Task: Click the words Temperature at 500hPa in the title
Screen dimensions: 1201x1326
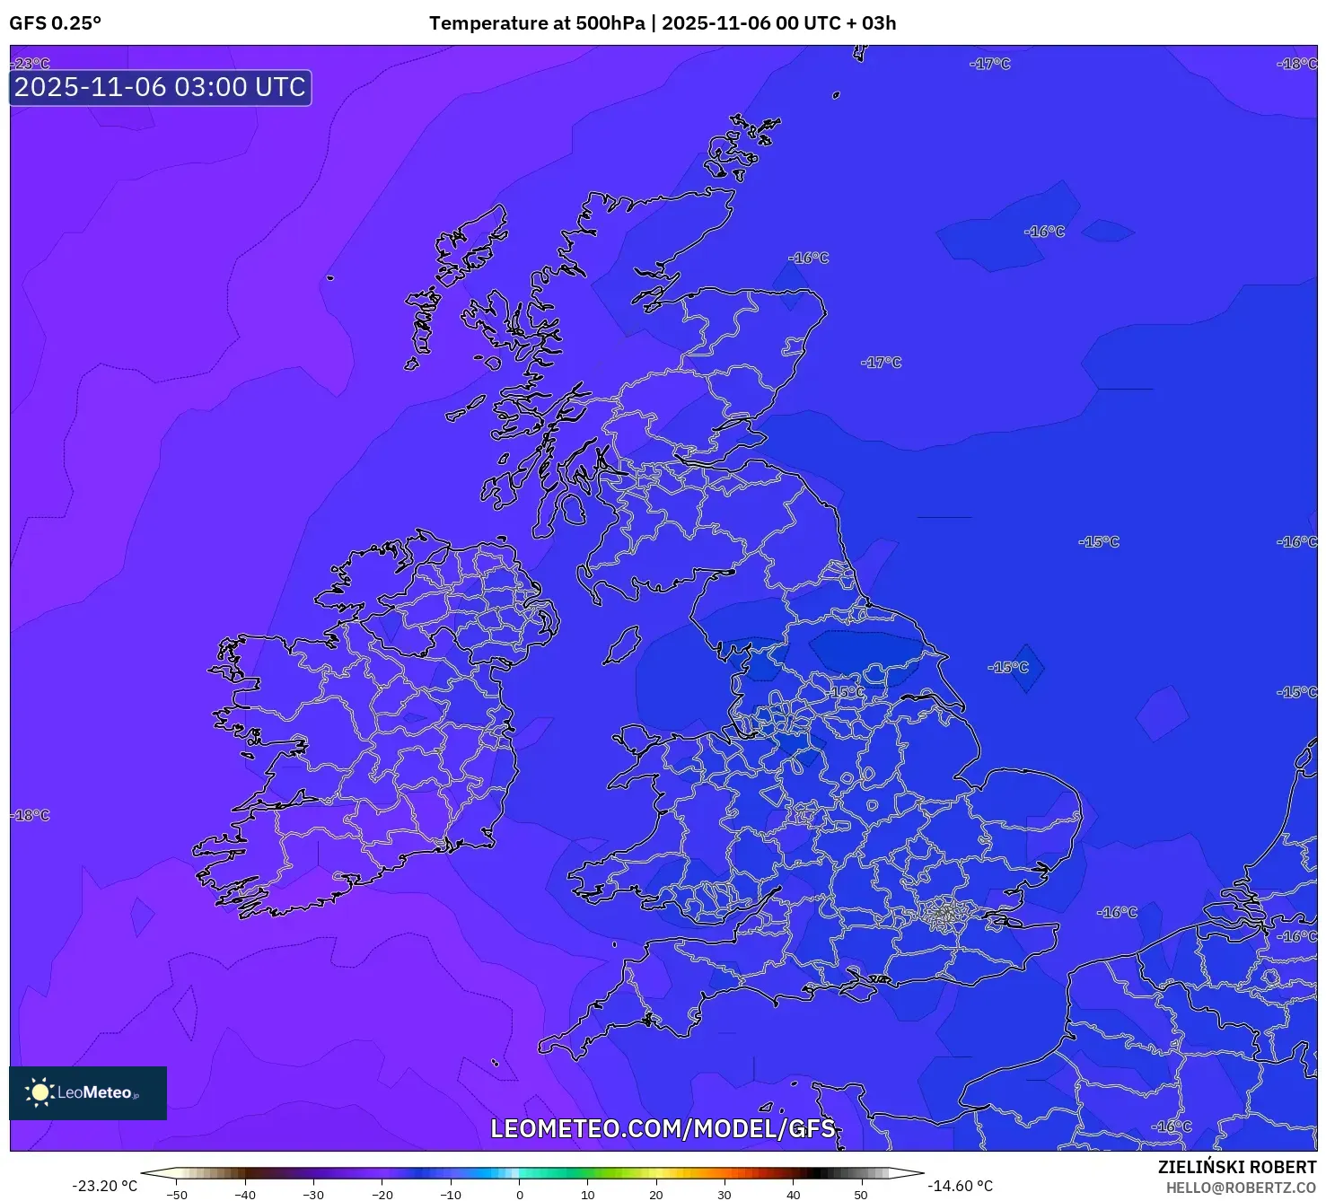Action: [536, 23]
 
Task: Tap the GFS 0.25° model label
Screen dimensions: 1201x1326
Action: [56, 23]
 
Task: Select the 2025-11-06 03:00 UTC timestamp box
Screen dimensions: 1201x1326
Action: [160, 88]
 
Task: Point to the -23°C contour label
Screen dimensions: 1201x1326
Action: [31, 64]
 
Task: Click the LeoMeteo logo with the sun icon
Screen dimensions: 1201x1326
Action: [87, 1092]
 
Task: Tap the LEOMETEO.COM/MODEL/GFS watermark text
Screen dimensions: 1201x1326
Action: [663, 1128]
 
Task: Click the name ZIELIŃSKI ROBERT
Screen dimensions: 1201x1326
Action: [1236, 1167]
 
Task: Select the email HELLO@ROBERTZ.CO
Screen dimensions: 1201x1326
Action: [1240, 1188]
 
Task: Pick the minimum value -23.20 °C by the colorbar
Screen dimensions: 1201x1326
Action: [104, 1186]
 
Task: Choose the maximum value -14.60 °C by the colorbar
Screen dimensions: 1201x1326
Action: [960, 1186]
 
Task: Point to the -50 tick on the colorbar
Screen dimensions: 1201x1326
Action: [177, 1195]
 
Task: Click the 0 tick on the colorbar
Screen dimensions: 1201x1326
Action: [519, 1195]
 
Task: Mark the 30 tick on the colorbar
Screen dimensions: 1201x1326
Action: [724, 1195]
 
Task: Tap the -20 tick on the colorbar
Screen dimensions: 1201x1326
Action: [382, 1195]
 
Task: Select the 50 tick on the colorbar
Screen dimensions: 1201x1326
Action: [860, 1195]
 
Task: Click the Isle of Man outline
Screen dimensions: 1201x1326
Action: [621, 645]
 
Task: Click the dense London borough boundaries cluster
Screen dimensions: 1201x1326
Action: [944, 914]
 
